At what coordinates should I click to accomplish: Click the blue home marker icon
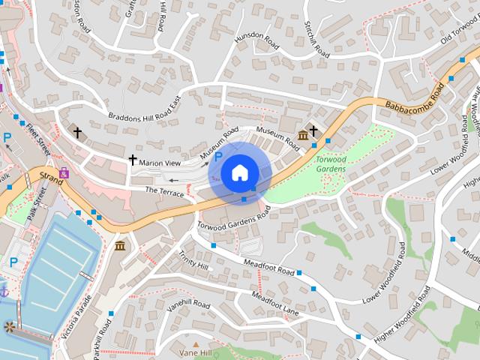(239, 173)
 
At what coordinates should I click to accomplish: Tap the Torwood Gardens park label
(330, 164)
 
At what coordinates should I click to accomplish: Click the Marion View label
(160, 163)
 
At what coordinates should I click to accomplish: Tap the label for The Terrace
(163, 193)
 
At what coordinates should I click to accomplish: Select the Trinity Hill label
(193, 259)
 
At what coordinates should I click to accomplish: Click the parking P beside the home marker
(218, 157)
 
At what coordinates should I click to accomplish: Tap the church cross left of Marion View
(133, 160)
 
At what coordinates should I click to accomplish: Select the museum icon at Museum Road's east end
(302, 135)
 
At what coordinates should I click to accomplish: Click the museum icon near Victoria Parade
(120, 245)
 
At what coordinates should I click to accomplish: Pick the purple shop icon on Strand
(64, 172)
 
